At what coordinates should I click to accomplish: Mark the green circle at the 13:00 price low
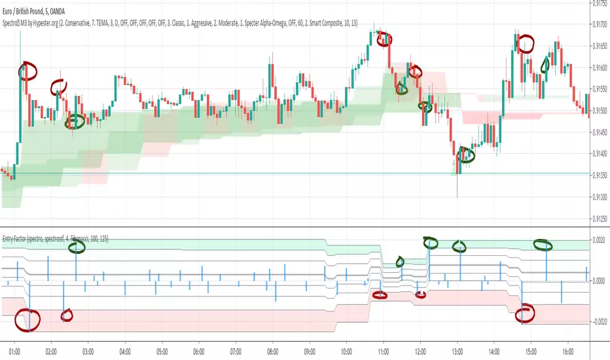point(465,154)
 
